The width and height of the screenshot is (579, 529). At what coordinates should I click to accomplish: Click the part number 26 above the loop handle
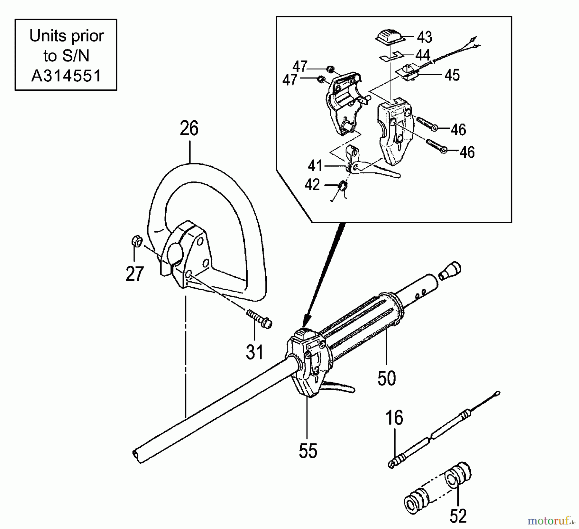(189, 129)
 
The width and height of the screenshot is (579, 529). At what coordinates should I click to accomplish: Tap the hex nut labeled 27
(137, 241)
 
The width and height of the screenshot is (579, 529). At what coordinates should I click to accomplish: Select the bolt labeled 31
(259, 318)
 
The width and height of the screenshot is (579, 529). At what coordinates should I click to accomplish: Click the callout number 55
(308, 451)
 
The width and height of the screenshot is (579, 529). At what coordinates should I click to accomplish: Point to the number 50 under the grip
(386, 378)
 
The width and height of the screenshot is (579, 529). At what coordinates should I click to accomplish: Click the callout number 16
(394, 418)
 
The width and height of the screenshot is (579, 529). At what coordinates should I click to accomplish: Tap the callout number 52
(458, 516)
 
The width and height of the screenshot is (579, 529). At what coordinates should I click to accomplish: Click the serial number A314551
(66, 76)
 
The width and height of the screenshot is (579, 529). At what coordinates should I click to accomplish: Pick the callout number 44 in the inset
(423, 55)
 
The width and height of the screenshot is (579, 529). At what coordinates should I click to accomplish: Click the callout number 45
(452, 75)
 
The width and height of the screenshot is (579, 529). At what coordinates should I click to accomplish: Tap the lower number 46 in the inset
(467, 152)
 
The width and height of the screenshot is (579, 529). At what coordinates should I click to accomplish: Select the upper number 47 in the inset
(300, 67)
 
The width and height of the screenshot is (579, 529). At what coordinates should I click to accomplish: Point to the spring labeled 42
(343, 186)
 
